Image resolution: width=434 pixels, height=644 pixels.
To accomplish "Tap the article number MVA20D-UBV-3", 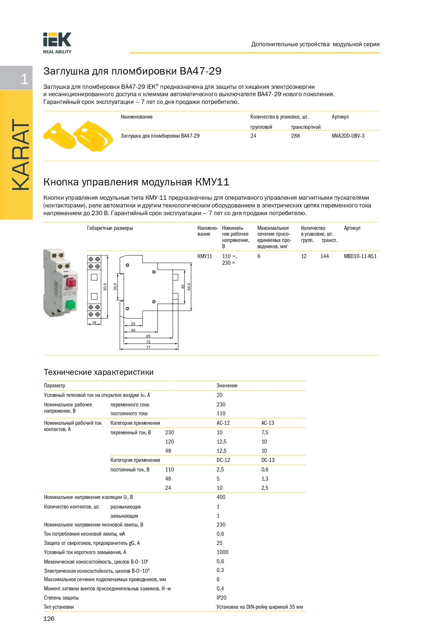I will point(348,136).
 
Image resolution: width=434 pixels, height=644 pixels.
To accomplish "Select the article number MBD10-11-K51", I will point(360,256).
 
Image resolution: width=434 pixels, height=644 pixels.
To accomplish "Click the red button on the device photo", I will point(70,282).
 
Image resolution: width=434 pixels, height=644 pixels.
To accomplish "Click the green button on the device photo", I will point(70,304).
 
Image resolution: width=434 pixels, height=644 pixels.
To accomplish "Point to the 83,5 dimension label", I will point(105,287).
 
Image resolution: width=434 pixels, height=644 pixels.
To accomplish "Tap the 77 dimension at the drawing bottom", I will point(148,347).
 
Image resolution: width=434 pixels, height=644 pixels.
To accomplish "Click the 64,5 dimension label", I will point(189,287).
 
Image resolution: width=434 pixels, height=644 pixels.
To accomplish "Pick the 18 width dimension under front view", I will point(94,323).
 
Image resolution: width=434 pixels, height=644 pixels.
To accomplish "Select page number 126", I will point(49,619).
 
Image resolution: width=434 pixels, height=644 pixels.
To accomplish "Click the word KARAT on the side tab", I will point(21,155).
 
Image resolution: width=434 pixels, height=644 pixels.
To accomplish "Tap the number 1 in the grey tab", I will point(24,79).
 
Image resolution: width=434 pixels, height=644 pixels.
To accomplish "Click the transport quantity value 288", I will point(295,136).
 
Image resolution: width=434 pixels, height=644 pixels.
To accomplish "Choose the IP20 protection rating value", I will point(221,598).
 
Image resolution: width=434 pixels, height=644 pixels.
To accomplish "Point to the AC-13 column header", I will point(268,423).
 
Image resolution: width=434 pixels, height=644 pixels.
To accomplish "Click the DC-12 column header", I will point(223,460).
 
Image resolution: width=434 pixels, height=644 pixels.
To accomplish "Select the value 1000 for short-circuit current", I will point(222,552).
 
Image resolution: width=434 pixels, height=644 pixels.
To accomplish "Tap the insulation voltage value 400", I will point(221,497).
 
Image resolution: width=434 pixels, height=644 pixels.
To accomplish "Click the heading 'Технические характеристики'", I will point(99,372).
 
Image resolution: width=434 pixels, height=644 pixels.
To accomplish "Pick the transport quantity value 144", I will point(324,256).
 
